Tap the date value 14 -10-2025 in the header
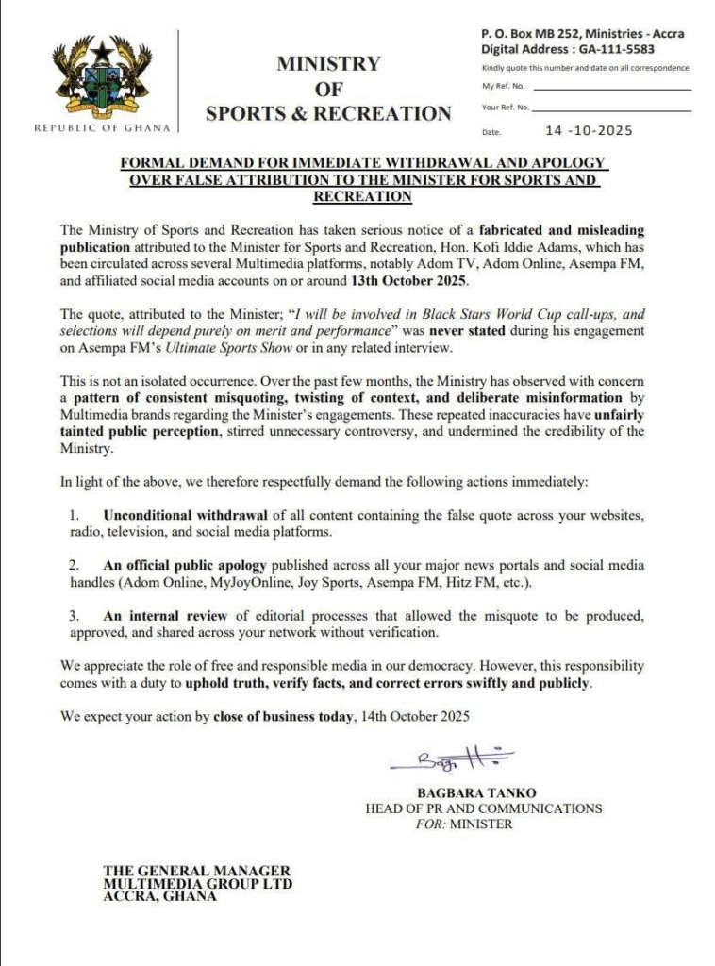(589, 131)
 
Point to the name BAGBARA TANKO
(469, 793)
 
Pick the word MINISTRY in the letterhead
(328, 64)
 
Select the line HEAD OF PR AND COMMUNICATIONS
(483, 808)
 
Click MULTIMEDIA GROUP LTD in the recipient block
(197, 884)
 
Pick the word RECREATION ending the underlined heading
(362, 197)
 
